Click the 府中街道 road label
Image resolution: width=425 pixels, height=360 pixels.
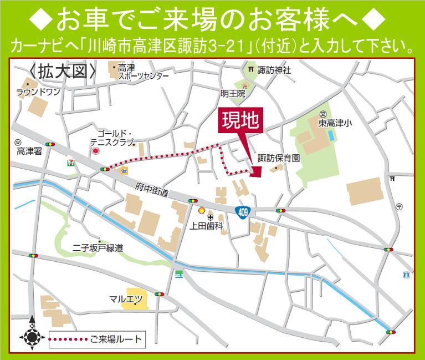click(151, 191)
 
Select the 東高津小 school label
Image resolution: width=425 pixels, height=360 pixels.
click(335, 124)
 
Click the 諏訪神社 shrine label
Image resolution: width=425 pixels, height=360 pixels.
click(273, 70)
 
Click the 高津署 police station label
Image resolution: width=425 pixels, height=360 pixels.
click(29, 151)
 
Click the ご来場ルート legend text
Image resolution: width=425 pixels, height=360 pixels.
click(116, 339)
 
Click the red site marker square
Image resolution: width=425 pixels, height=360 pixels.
click(255, 171)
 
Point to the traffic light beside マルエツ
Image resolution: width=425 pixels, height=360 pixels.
click(160, 294)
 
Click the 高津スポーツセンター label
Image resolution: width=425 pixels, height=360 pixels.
click(141, 72)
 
